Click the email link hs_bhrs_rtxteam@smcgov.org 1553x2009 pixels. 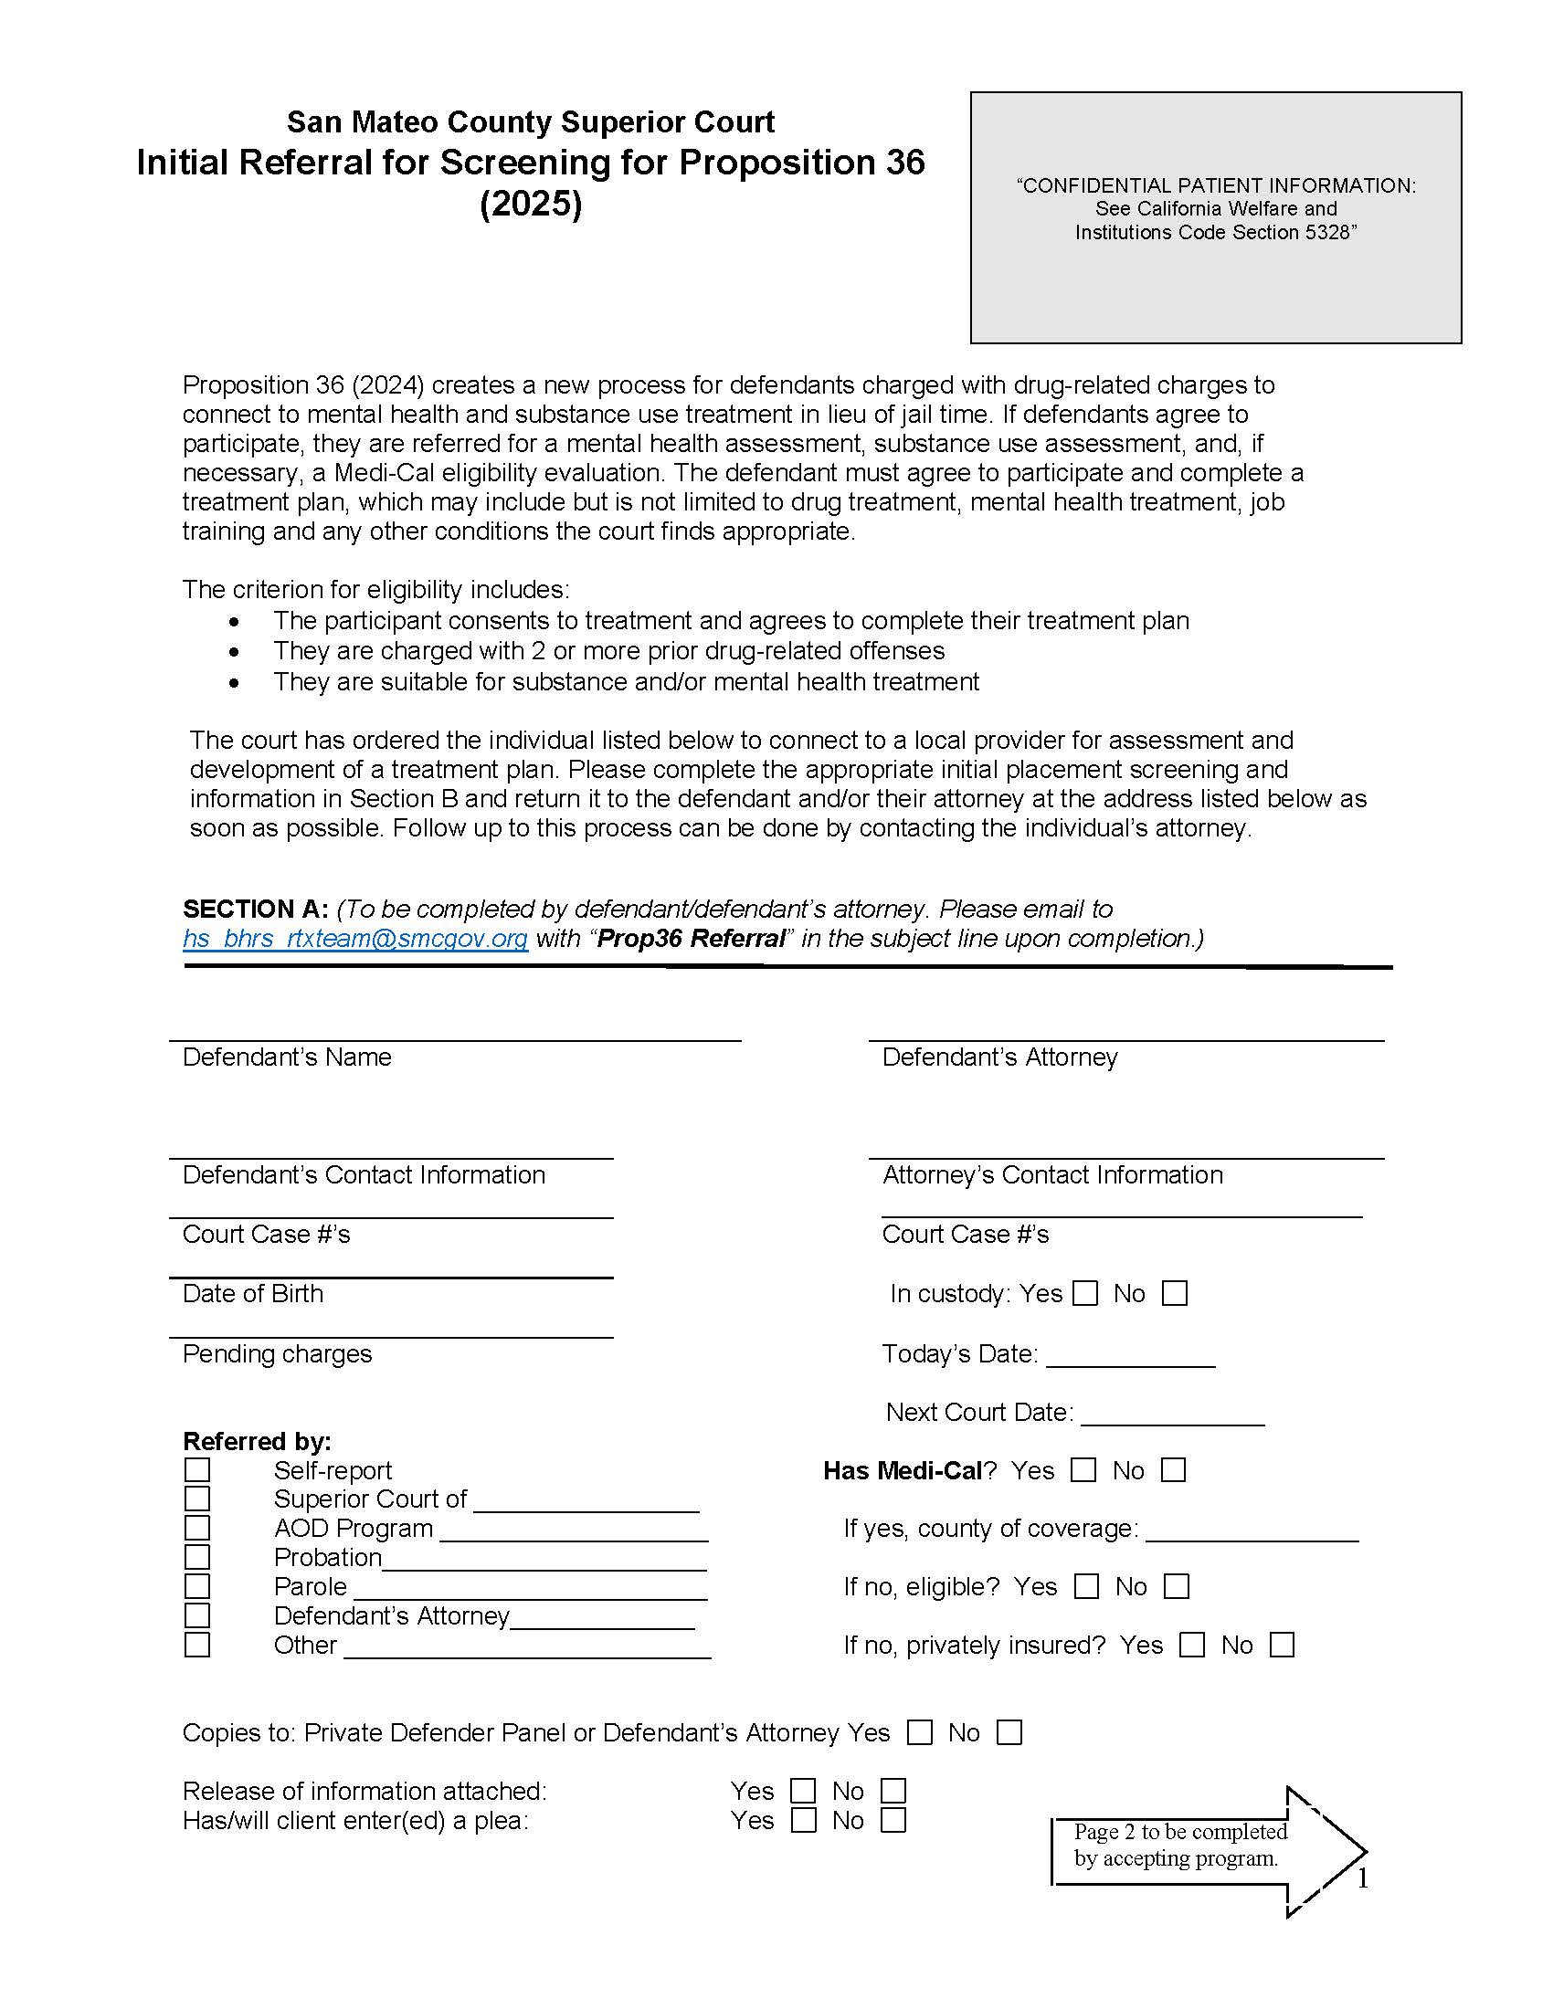(355, 938)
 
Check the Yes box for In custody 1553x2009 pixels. (1085, 1293)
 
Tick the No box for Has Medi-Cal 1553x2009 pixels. (1173, 1470)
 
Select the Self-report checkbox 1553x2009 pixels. (197, 1470)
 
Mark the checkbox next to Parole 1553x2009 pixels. (197, 1587)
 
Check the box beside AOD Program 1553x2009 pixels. (197, 1528)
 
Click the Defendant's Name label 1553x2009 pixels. (286, 1057)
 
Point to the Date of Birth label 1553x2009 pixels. (253, 1293)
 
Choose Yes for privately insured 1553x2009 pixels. (1191, 1645)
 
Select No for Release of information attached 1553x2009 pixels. (893, 1791)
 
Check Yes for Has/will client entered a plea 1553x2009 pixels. (803, 1820)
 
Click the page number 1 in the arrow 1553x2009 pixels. (1363, 1878)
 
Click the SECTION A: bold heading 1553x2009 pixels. (255, 909)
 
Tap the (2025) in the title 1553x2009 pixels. (531, 204)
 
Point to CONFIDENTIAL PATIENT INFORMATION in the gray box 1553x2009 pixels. (1215, 184)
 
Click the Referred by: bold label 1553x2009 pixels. (257, 1440)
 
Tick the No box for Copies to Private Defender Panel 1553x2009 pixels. (1009, 1733)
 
